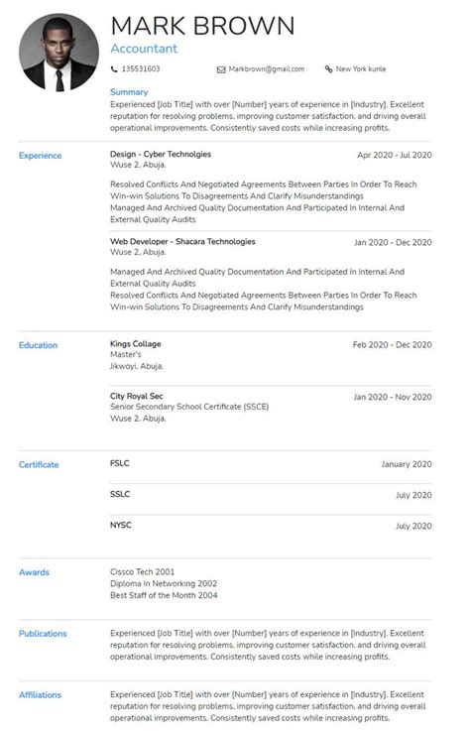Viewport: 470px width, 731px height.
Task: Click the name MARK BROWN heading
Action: click(x=202, y=25)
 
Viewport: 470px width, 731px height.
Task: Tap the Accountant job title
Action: click(x=144, y=48)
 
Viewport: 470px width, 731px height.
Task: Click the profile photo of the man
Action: click(x=59, y=53)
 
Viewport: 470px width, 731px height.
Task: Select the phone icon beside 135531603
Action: click(x=114, y=69)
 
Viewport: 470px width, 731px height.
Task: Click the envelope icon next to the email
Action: click(x=221, y=69)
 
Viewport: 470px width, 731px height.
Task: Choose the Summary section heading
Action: click(x=129, y=92)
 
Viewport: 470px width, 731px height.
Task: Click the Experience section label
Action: click(x=40, y=156)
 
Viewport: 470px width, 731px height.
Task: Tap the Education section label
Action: click(x=38, y=345)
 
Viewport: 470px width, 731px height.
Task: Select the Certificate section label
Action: click(x=39, y=464)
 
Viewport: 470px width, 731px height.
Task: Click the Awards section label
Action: click(x=34, y=572)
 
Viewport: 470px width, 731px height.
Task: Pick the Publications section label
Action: click(x=43, y=633)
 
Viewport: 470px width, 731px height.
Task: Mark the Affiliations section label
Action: click(x=40, y=695)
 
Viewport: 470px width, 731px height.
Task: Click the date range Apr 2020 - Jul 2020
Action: click(x=395, y=156)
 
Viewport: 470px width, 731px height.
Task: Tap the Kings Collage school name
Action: click(x=135, y=344)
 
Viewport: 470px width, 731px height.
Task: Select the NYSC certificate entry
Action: click(x=120, y=525)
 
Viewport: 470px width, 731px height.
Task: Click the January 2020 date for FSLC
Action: click(x=407, y=464)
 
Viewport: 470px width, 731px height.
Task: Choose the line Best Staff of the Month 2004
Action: click(x=164, y=595)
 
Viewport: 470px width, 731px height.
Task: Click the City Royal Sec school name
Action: click(x=136, y=396)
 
